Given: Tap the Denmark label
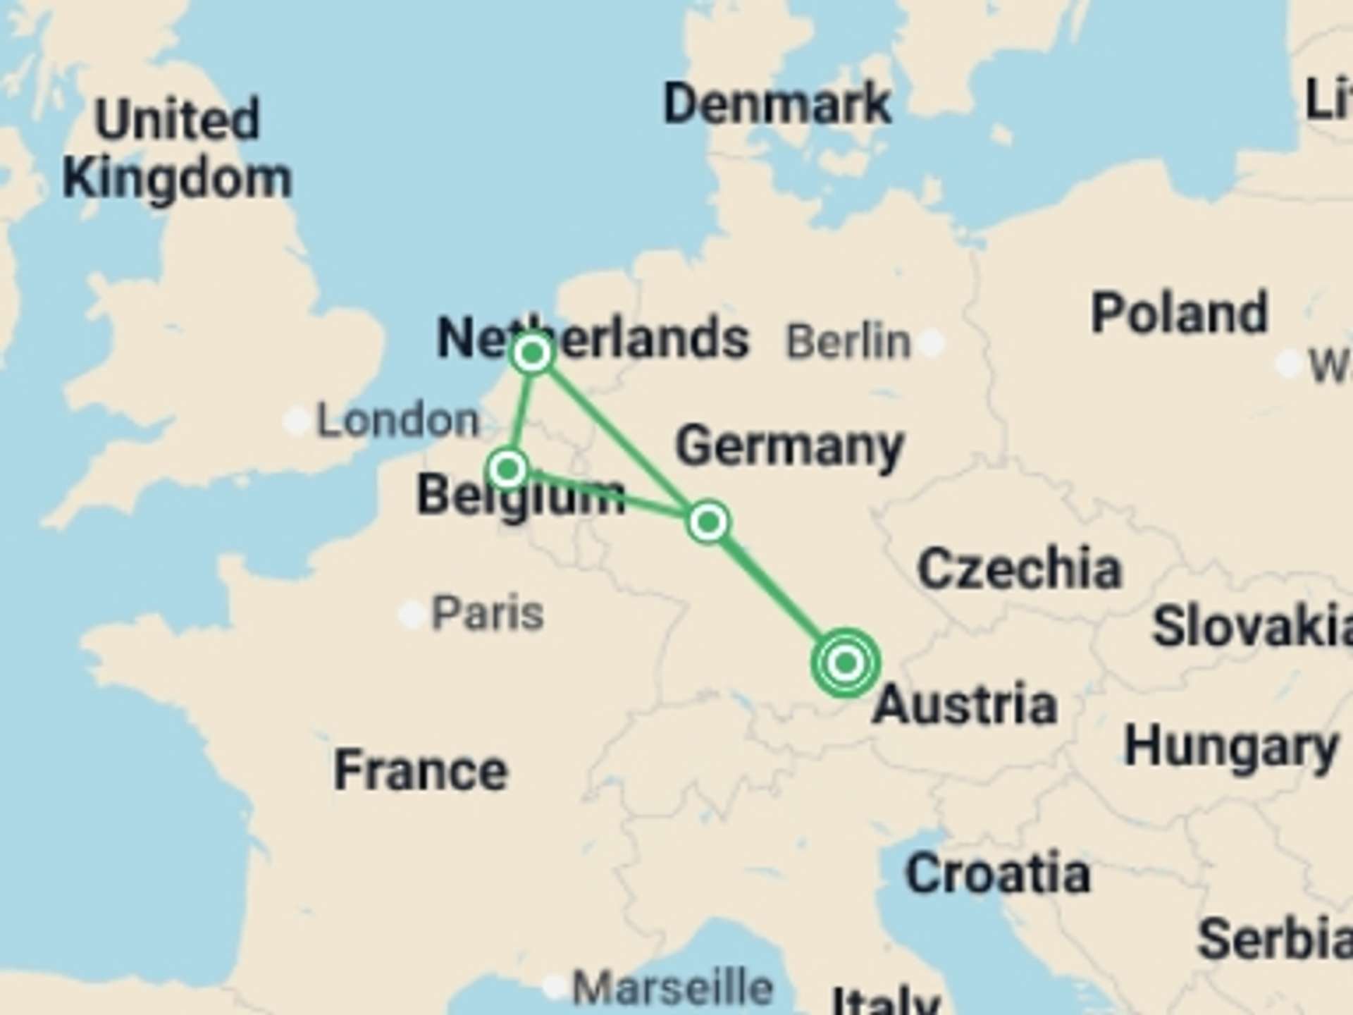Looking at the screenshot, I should tap(777, 104).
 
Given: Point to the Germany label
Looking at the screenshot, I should tap(789, 446).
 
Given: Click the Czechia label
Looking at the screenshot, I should tap(1019, 568).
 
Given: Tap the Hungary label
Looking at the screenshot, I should tap(1230, 747).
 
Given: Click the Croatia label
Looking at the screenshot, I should tap(998, 873).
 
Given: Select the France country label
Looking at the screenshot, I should tap(421, 770).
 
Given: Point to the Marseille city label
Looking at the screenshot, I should tap(672, 987).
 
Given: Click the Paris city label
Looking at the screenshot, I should tap(487, 613).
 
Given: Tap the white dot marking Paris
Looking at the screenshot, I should tap(412, 615).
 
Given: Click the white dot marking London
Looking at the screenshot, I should tap(297, 421).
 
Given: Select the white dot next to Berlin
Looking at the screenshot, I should tap(932, 343).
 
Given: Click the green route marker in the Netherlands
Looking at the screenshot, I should tap(533, 353).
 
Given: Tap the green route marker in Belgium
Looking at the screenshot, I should tap(507, 469).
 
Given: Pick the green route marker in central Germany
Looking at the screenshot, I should tap(708, 522).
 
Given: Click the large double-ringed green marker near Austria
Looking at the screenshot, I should tap(846, 663).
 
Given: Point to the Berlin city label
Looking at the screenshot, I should tap(848, 342).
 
